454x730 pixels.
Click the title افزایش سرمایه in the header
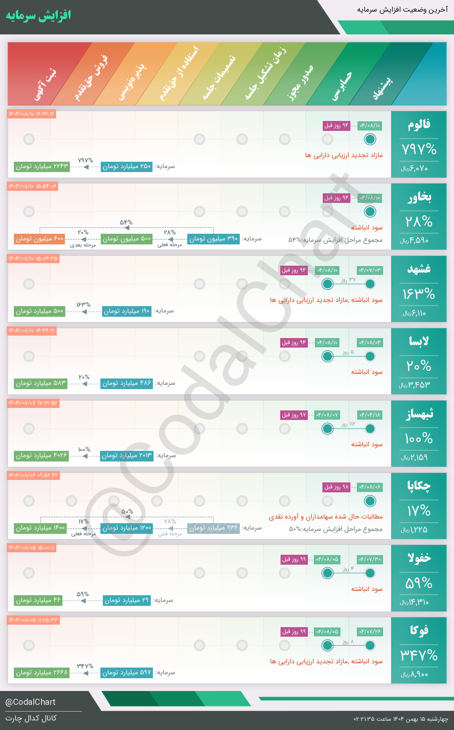38,16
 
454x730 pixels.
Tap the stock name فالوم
419,125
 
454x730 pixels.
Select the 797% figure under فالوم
419,149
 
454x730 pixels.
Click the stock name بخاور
419,197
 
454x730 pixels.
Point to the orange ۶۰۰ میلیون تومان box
39,239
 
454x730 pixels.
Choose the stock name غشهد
419,269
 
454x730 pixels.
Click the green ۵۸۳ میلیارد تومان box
40,383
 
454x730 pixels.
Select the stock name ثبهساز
419,414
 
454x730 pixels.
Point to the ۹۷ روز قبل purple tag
294,415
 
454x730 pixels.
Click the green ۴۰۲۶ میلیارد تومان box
41,455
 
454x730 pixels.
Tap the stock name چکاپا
419,486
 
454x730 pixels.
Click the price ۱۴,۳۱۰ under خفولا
414,602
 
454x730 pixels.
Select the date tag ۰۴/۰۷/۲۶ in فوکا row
370,631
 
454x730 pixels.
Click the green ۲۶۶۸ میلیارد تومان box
41,673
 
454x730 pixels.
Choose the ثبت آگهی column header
45,85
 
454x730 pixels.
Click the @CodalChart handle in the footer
31,702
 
